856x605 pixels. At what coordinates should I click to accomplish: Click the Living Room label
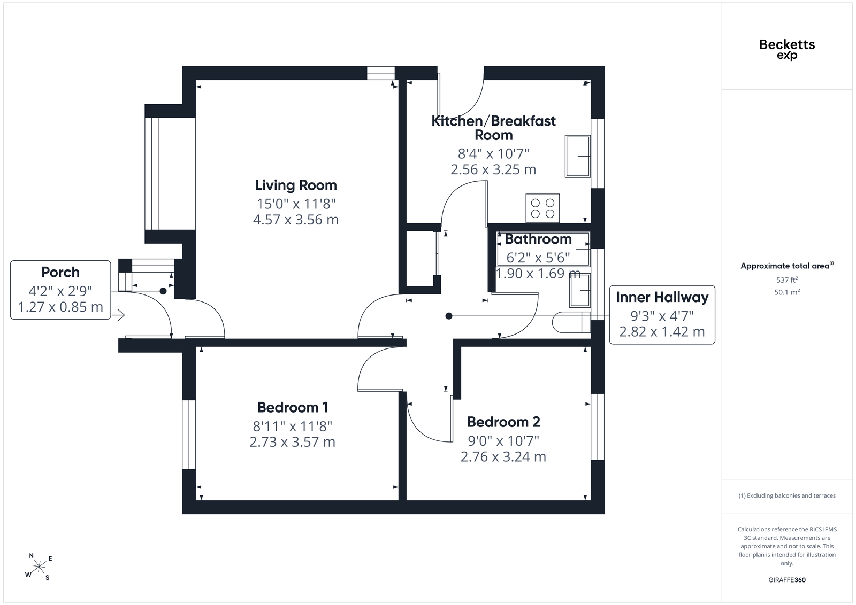(296, 185)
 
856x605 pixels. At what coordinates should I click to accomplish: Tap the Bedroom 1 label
(293, 408)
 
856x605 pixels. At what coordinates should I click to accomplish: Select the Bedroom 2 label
(503, 422)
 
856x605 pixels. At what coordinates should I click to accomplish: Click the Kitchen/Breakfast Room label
(493, 128)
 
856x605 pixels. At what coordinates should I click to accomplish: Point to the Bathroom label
(538, 239)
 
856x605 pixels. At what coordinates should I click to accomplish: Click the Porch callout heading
(60, 273)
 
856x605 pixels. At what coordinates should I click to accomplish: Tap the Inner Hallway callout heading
(662, 297)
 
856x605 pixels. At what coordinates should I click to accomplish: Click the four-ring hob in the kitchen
(542, 208)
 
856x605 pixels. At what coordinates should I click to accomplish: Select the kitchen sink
(578, 156)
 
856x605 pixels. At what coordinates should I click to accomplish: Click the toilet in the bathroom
(571, 322)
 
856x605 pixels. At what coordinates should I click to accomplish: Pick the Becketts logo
(787, 50)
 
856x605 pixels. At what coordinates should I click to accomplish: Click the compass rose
(39, 567)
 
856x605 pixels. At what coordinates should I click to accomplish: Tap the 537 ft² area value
(787, 280)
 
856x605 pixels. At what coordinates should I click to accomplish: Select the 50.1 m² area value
(787, 292)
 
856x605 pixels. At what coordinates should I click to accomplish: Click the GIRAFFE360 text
(787, 580)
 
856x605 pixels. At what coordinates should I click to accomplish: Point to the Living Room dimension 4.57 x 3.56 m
(296, 220)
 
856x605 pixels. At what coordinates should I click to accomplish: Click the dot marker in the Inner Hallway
(449, 316)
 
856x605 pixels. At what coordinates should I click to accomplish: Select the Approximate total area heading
(787, 266)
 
